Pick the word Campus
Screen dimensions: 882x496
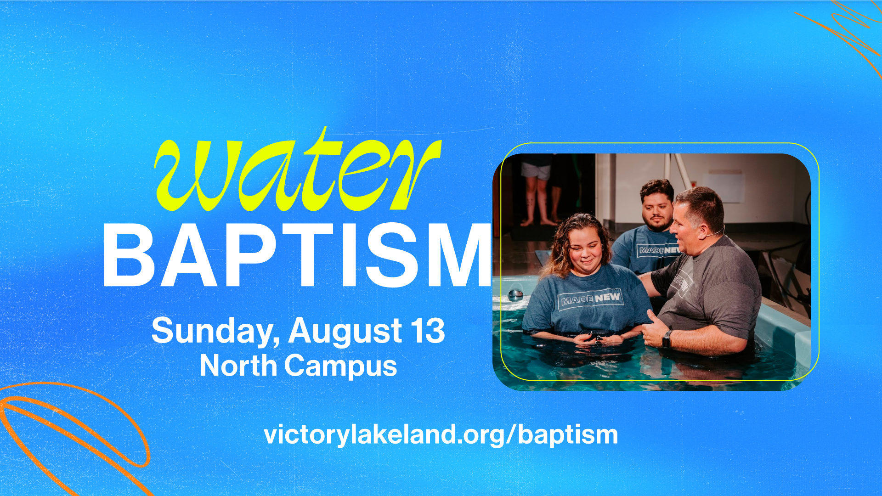(x=340, y=367)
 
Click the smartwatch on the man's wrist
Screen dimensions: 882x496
(x=667, y=339)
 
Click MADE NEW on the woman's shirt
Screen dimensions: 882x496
(x=589, y=299)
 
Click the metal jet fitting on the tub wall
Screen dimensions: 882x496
(x=515, y=294)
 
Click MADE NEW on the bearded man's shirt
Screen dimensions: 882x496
(x=658, y=250)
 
